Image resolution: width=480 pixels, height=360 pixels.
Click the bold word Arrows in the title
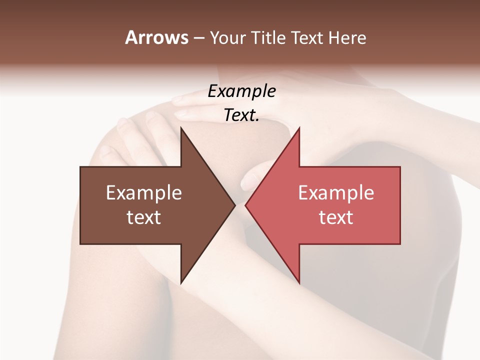[x=156, y=37]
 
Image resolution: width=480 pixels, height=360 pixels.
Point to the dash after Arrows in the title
[x=198, y=38]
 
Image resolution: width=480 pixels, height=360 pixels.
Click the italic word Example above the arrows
[x=242, y=91]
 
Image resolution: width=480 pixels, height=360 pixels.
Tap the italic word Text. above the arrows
[x=241, y=115]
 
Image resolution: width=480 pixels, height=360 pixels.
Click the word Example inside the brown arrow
[x=144, y=192]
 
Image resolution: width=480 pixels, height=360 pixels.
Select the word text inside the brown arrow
[x=144, y=217]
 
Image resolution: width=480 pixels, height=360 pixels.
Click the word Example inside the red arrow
[x=336, y=192]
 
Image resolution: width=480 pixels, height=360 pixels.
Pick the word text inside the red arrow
[x=336, y=217]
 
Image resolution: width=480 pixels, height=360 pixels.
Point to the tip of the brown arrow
[x=235, y=205]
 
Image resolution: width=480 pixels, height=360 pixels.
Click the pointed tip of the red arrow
[x=245, y=205]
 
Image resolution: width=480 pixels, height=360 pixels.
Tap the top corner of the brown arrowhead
[x=181, y=128]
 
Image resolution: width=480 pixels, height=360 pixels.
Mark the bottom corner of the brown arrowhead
[x=181, y=283]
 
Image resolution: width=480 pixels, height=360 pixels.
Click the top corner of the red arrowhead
[x=299, y=128]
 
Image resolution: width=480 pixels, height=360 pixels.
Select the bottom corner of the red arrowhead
[x=299, y=283]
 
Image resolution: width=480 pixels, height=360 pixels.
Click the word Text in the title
[x=306, y=37]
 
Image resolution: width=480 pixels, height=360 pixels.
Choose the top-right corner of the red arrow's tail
[x=400, y=167]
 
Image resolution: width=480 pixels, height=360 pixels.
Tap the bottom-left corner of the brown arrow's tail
[x=80, y=244]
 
